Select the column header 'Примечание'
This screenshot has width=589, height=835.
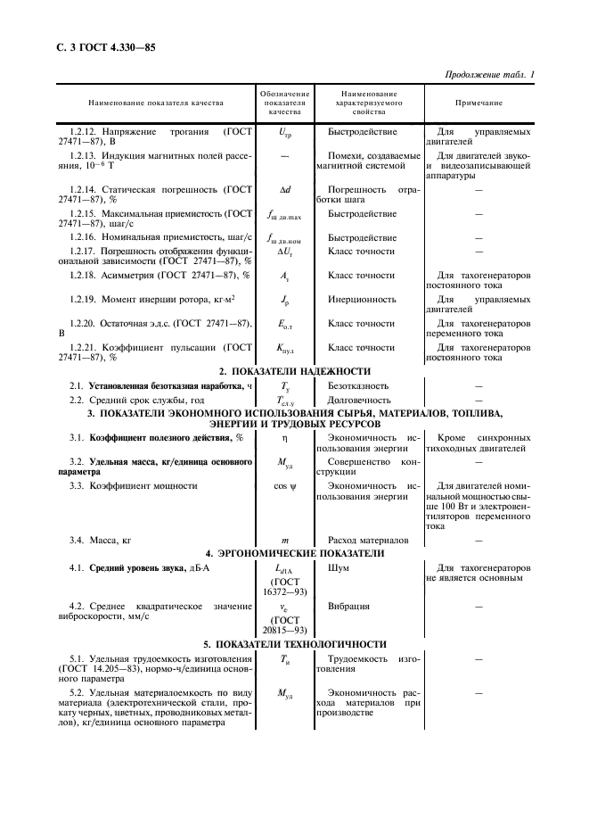click(478, 103)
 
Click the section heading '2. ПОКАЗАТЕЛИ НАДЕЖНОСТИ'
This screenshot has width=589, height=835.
click(294, 370)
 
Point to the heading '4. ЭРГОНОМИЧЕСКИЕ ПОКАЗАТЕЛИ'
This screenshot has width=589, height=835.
click(294, 553)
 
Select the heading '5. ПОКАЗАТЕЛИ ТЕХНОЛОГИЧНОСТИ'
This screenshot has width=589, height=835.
click(294, 643)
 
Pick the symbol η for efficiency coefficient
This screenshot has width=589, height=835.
click(286, 438)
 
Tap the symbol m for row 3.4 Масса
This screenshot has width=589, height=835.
click(286, 541)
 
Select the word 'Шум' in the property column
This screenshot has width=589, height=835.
click(339, 567)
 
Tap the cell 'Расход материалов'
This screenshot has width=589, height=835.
click(368, 541)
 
